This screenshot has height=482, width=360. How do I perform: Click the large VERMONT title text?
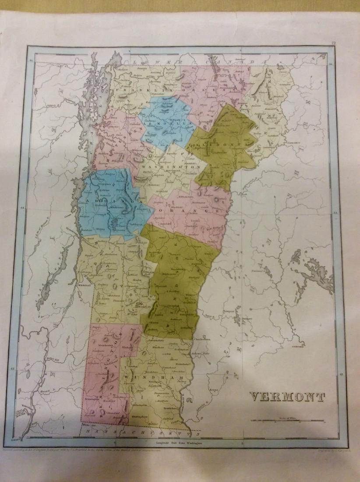click(x=287, y=397)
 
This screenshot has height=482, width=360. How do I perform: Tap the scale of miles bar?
click(x=287, y=421)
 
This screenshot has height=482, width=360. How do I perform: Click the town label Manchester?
click(x=104, y=344)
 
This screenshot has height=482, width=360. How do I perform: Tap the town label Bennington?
click(x=92, y=400)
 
